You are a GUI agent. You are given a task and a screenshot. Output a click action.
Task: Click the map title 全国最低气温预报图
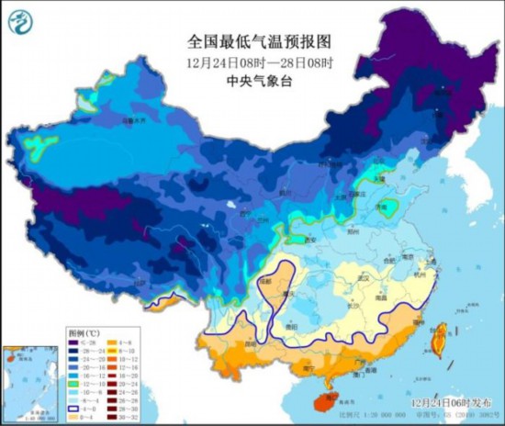252,41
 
